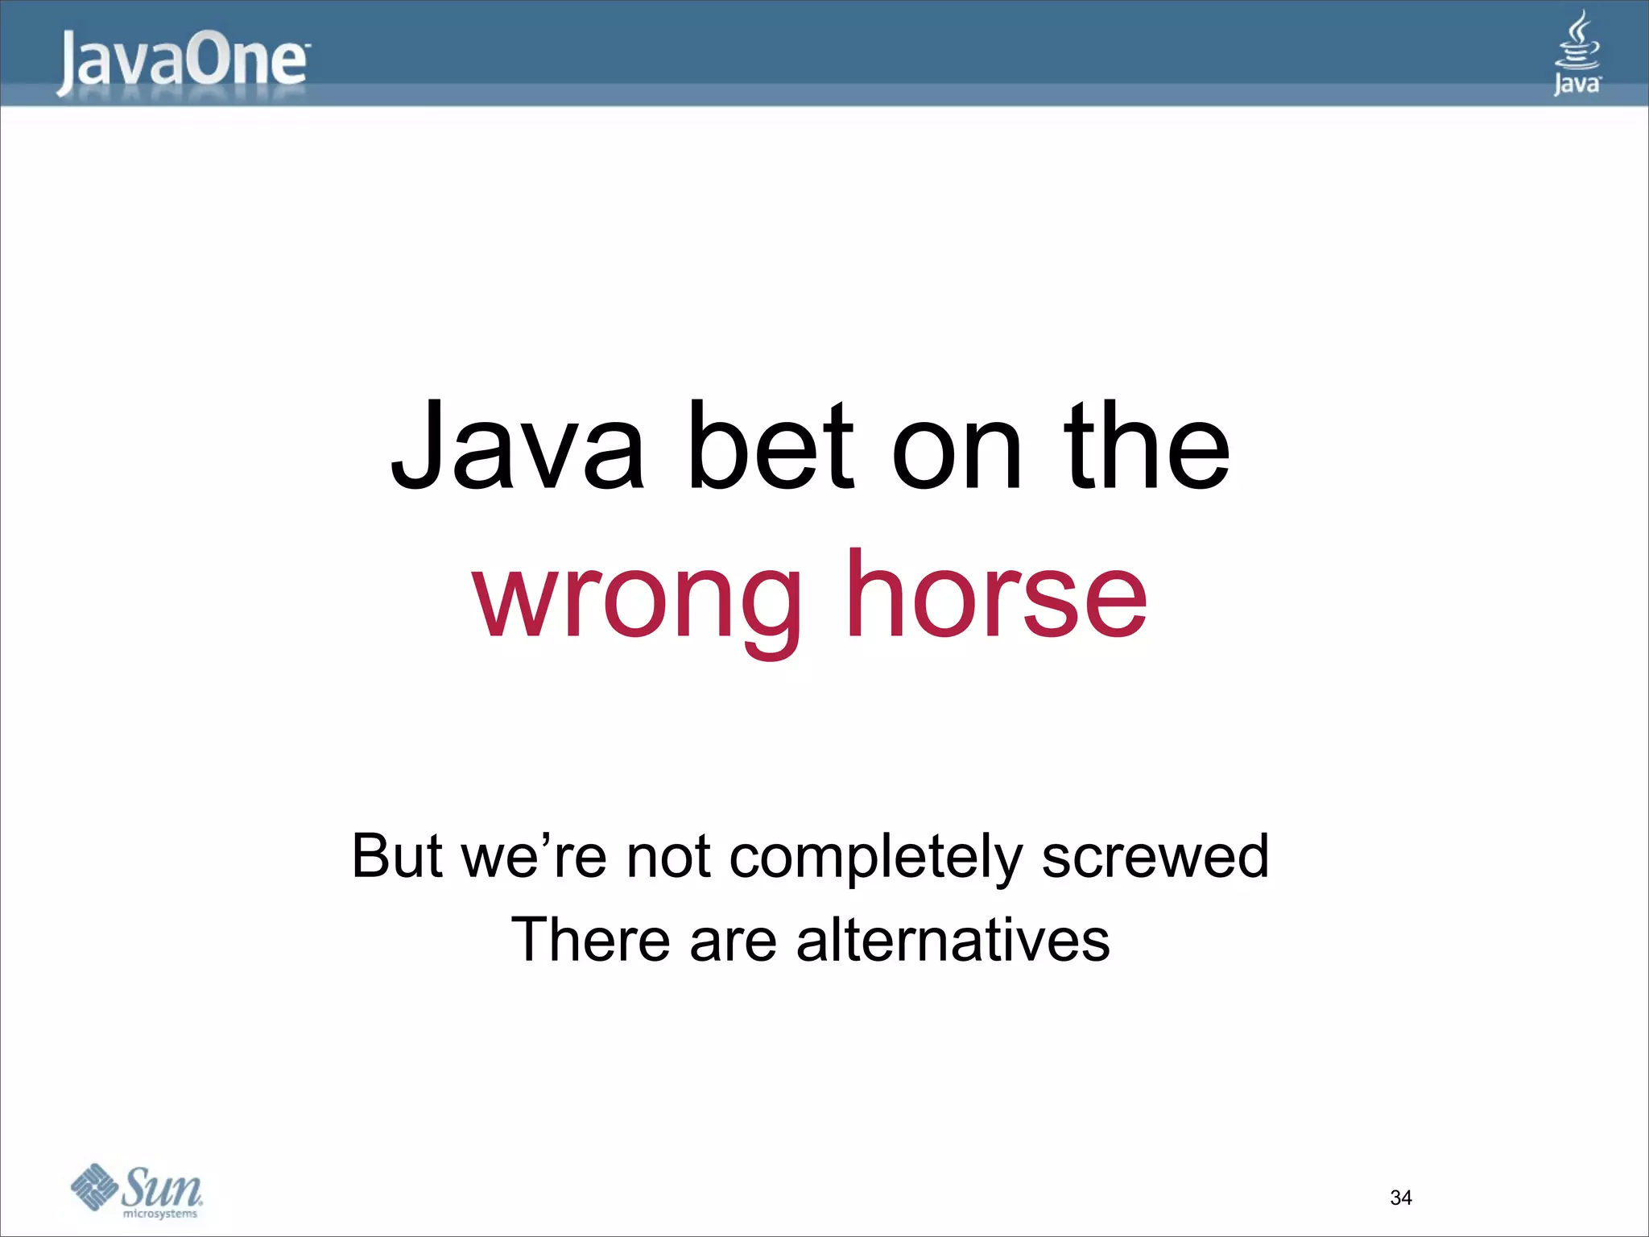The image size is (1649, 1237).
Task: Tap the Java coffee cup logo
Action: (x=1577, y=52)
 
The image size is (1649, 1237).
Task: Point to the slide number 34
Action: (x=1400, y=1198)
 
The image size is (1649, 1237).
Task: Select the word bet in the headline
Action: (x=769, y=447)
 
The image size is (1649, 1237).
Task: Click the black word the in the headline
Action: (x=1147, y=447)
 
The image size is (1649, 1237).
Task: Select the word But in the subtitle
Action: (x=397, y=855)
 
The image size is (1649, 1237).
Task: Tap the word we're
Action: (x=535, y=855)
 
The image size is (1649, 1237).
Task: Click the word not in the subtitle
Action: (x=668, y=857)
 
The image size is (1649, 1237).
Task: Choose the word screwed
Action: (x=1155, y=857)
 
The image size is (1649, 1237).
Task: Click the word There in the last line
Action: (x=590, y=940)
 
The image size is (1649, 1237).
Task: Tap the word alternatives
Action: (x=953, y=940)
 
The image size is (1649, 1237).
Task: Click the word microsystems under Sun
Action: (x=159, y=1214)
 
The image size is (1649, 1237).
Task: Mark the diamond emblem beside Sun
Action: (x=94, y=1186)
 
